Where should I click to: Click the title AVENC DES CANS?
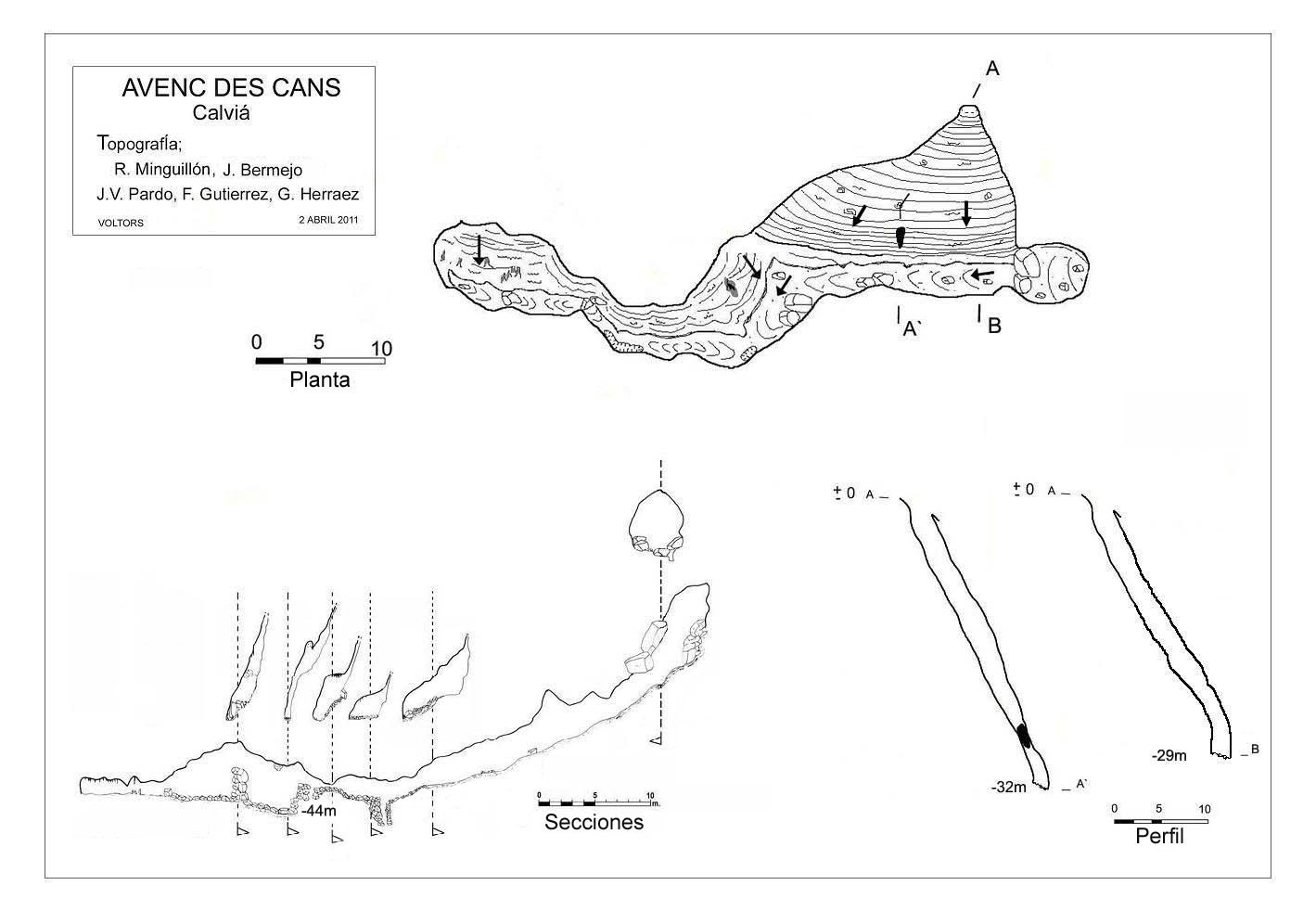click(231, 87)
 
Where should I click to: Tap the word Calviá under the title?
click(223, 113)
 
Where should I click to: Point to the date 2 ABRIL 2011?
click(328, 221)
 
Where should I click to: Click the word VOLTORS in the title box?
click(121, 223)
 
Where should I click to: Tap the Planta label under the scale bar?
click(320, 379)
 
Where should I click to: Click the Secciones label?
click(594, 822)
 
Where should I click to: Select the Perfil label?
click(1159, 837)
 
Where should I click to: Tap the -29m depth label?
click(1169, 755)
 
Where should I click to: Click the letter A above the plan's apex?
click(991, 69)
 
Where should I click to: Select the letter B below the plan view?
click(994, 326)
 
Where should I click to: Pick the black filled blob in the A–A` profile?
click(1023, 736)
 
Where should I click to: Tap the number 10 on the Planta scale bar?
click(381, 349)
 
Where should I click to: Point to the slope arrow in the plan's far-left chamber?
click(479, 249)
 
